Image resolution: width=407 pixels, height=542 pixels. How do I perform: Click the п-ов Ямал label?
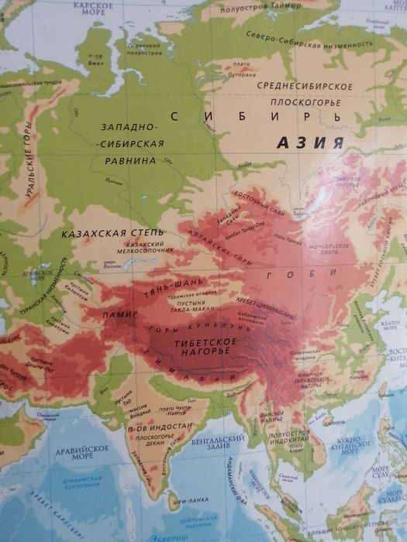click(96, 59)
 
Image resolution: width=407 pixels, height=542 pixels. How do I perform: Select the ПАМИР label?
click(119, 316)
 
